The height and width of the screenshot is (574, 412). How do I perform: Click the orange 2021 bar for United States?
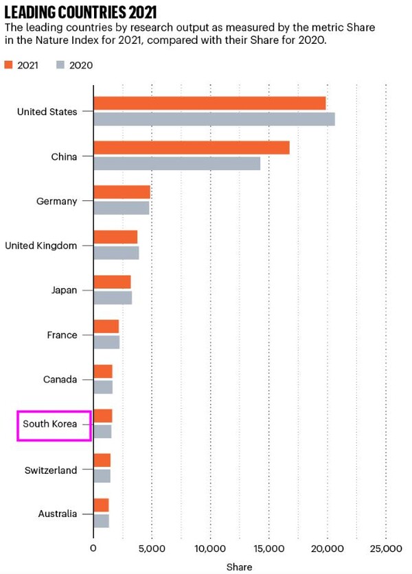click(x=209, y=104)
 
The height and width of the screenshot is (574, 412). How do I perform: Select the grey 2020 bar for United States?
click(x=214, y=119)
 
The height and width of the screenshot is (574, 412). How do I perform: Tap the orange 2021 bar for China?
click(x=192, y=148)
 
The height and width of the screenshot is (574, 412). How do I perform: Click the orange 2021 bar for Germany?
click(x=122, y=193)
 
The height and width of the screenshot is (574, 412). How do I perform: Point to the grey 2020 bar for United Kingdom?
click(x=116, y=252)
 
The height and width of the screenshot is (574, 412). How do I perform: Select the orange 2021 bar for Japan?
click(x=112, y=282)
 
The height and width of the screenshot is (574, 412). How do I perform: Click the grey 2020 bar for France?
click(x=106, y=342)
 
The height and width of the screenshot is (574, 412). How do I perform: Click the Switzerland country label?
click(x=51, y=470)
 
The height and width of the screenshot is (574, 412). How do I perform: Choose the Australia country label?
click(x=58, y=514)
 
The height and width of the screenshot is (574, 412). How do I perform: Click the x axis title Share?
click(x=240, y=566)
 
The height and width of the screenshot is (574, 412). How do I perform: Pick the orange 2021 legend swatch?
click(x=10, y=65)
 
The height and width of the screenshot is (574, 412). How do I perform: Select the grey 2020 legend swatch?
click(x=60, y=65)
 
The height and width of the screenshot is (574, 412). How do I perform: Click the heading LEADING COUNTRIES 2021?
click(x=80, y=12)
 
